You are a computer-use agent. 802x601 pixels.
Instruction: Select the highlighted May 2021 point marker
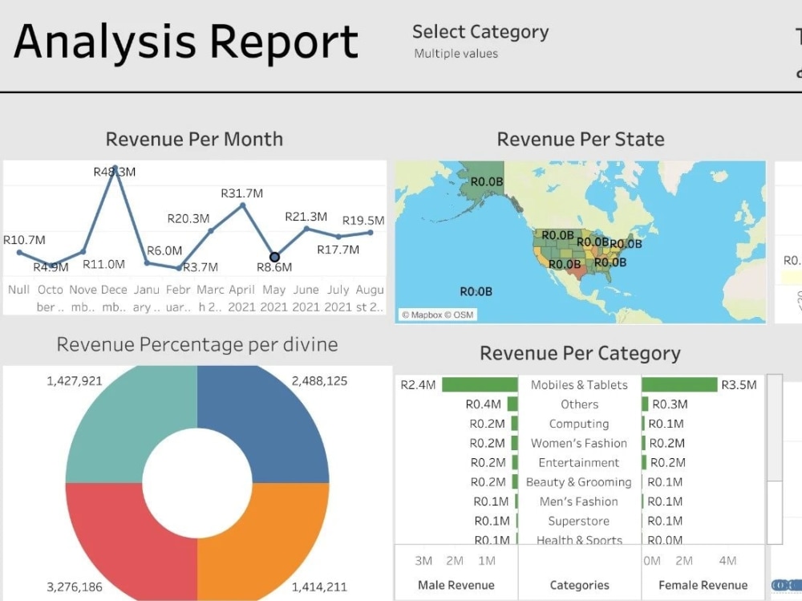(274, 257)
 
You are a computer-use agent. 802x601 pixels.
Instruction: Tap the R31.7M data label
(241, 193)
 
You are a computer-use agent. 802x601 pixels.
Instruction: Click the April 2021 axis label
(241, 298)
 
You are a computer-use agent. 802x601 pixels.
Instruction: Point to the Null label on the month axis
(18, 290)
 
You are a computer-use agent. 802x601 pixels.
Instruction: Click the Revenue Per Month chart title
(194, 139)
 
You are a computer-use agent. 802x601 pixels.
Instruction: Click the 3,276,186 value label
(75, 587)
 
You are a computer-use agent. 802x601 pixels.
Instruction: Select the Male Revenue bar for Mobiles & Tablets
(480, 385)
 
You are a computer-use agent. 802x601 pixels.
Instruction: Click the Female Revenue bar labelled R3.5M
(679, 385)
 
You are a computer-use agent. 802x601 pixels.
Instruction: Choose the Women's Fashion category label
(579, 443)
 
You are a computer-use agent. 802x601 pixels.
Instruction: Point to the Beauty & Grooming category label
(579, 482)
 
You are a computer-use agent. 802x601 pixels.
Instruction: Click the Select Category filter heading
(480, 32)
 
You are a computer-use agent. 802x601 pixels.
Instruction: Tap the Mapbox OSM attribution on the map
(437, 315)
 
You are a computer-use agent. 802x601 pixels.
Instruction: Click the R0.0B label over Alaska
(486, 182)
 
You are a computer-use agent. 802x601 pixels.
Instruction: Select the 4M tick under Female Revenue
(727, 561)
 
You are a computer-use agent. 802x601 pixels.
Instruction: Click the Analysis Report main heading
(186, 42)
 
